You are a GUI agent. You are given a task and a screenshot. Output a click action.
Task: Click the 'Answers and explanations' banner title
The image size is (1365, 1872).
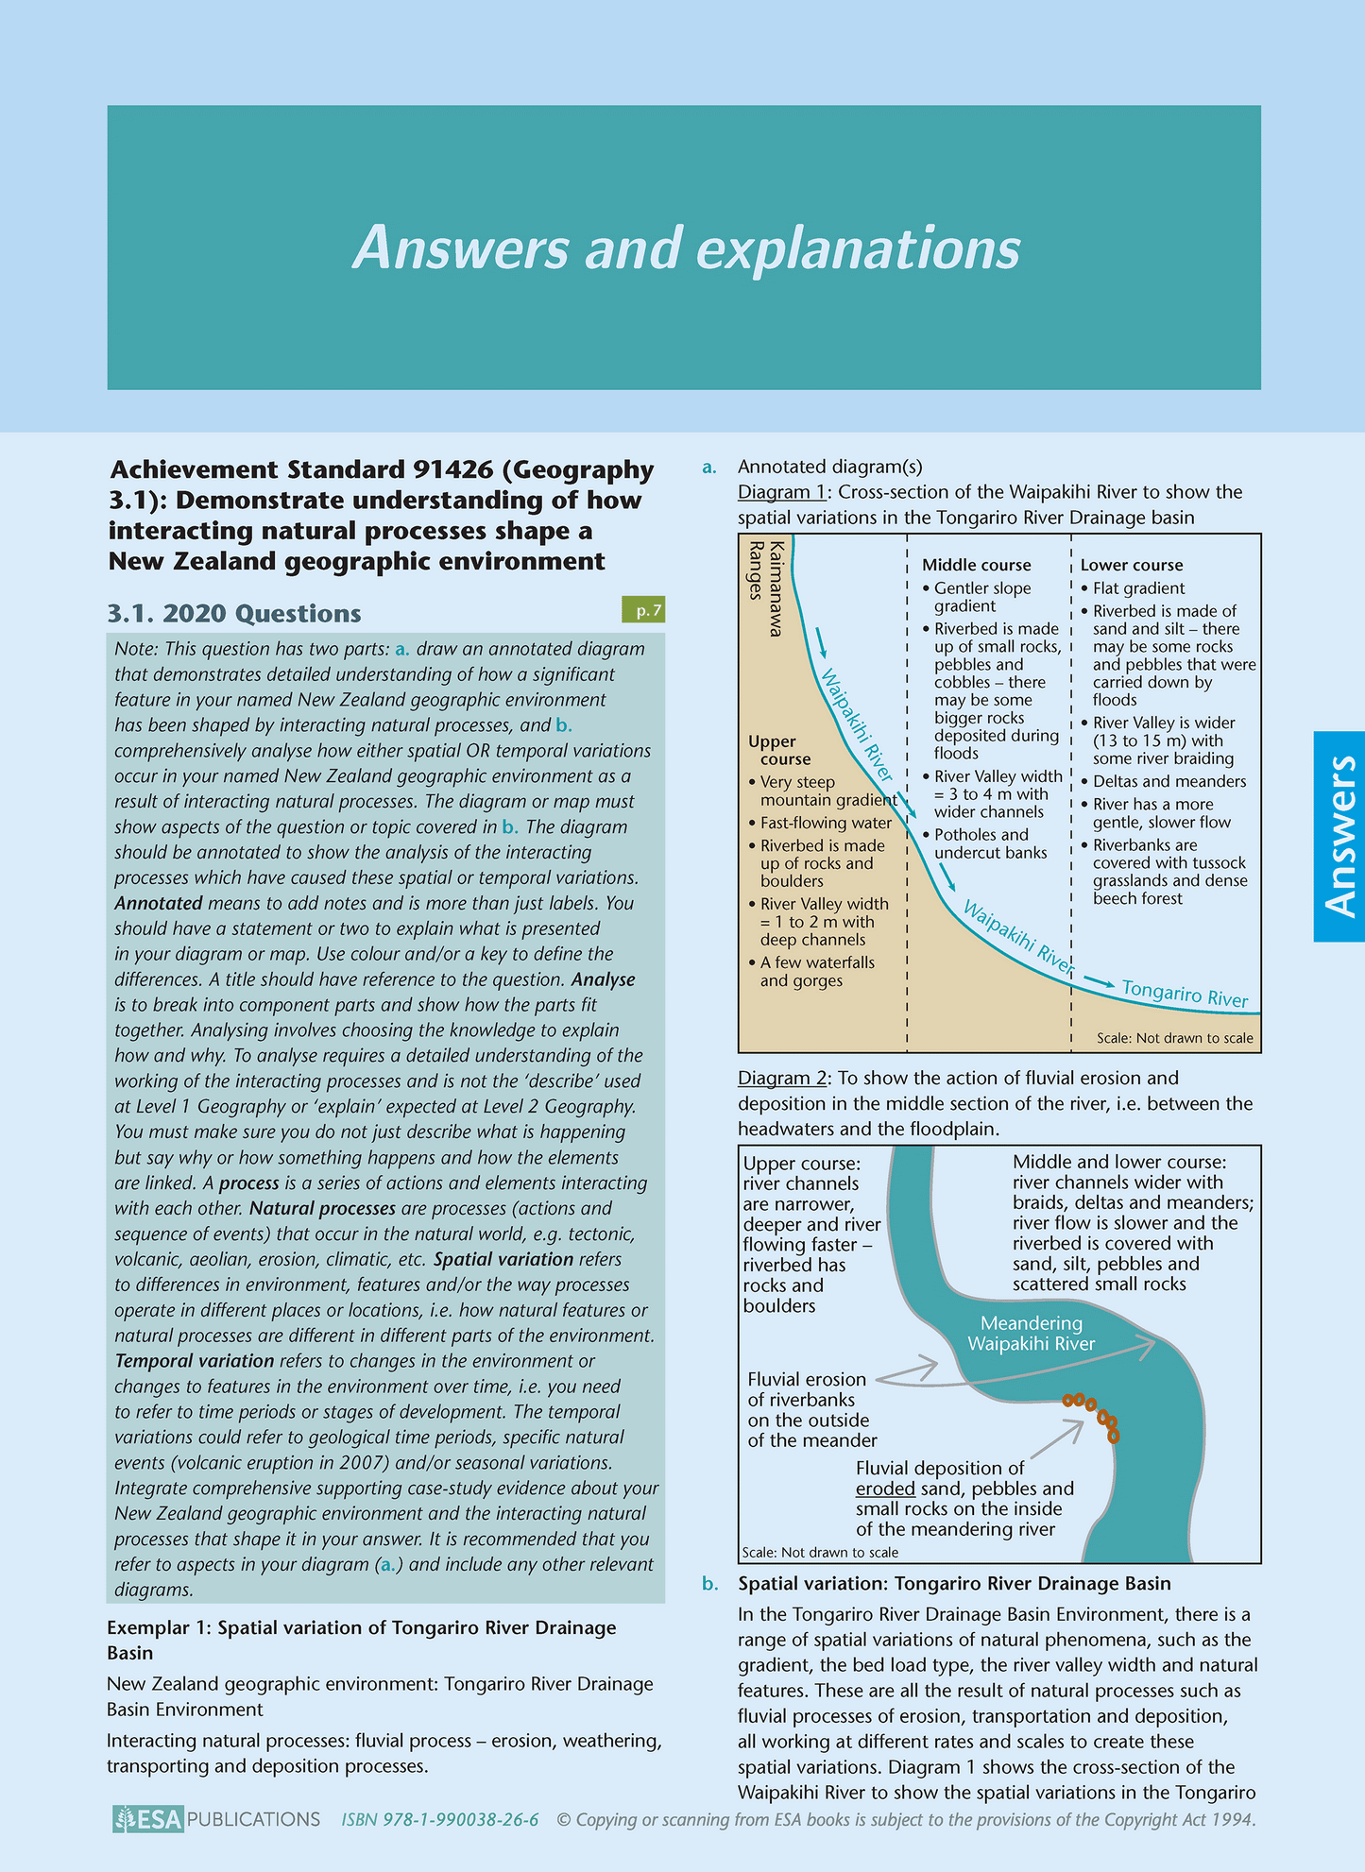coord(687,248)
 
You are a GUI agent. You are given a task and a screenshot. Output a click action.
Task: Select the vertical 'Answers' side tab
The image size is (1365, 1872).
coord(1339,836)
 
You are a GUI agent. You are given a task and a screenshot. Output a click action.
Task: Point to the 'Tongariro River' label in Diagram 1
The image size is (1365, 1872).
coord(1186,994)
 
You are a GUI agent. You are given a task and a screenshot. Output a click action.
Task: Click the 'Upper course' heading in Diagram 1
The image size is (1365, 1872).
coord(777,750)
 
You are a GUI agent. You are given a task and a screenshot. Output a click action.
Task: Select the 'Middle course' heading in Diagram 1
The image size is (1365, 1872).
coord(976,565)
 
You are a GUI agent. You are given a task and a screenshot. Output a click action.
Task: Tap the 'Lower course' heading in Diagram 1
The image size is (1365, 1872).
coord(1131,565)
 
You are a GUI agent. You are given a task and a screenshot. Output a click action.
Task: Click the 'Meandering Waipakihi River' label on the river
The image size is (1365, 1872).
coord(1031,1334)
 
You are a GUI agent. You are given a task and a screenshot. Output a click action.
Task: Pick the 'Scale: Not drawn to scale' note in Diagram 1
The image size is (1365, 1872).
coord(1174,1038)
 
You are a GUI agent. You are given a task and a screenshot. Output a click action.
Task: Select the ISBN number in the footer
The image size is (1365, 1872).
coord(440,1820)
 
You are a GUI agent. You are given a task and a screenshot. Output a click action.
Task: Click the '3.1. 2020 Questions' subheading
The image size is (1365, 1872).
coord(234,614)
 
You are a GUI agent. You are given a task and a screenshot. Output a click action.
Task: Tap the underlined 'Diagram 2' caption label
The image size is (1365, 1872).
coord(781,1078)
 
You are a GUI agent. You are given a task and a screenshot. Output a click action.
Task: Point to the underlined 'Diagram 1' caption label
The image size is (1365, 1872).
coord(781,492)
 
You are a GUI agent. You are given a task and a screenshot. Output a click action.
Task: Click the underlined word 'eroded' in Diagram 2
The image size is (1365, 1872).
coord(884,1489)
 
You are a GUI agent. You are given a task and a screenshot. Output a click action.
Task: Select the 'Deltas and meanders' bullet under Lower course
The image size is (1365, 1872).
coord(1169,781)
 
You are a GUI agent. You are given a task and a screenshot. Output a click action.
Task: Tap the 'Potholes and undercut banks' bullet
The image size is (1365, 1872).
coord(990,843)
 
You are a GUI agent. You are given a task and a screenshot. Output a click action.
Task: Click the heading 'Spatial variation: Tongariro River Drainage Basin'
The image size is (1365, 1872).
coord(954,1583)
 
